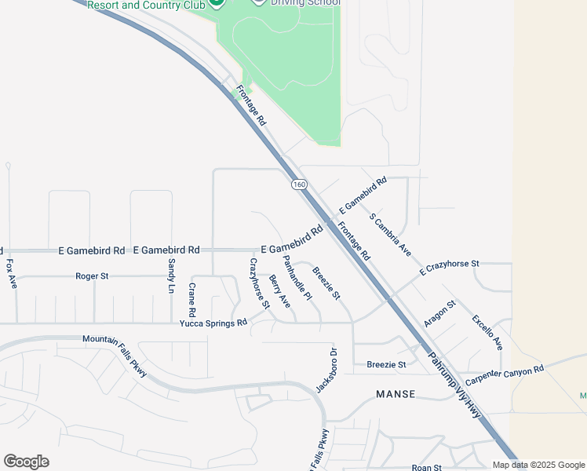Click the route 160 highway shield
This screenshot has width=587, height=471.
(298, 185)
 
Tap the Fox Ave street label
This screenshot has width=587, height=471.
(11, 274)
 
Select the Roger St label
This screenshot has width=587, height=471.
(92, 276)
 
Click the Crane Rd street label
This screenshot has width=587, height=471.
(191, 294)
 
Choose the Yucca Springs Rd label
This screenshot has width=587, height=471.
(213, 323)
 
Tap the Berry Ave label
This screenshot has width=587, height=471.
(279, 291)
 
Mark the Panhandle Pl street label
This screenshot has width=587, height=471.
(297, 278)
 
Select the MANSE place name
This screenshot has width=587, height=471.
(396, 394)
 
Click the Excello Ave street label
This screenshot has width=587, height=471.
(487, 332)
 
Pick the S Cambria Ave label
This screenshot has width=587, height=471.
(390, 235)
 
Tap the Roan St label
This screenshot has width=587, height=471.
(428, 467)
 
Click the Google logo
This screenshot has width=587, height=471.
(26, 462)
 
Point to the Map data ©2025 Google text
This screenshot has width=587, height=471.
(538, 465)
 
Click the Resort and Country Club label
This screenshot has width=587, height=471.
(146, 5)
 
